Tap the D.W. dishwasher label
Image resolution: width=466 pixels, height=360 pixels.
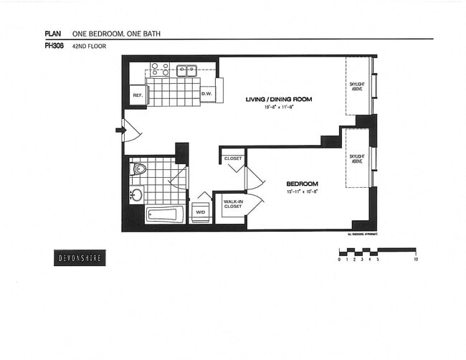pyautogui.click(x=206, y=94)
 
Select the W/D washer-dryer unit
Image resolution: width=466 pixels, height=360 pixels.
pyautogui.click(x=200, y=212)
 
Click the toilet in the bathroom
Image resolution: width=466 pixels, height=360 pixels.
pyautogui.click(x=139, y=170)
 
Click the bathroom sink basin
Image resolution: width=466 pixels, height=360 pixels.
pyautogui.click(x=137, y=194)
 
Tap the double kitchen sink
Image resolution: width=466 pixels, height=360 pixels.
pyautogui.click(x=187, y=70)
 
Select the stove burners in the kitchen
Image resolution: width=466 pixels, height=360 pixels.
pyautogui.click(x=159, y=70)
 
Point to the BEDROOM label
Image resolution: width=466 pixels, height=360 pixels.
pyautogui.click(x=303, y=183)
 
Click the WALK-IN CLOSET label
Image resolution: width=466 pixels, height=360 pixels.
pyautogui.click(x=232, y=205)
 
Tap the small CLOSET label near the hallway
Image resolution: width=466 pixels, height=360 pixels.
pyautogui.click(x=233, y=158)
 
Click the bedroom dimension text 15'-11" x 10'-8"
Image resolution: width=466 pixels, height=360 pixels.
pyautogui.click(x=303, y=192)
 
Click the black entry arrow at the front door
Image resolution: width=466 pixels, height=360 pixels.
pyautogui.click(x=120, y=130)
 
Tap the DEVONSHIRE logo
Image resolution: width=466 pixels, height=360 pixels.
pyautogui.click(x=80, y=257)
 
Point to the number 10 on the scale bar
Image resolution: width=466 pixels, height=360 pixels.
pyautogui.click(x=416, y=260)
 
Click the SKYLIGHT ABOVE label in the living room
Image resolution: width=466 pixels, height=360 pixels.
pyautogui.click(x=356, y=86)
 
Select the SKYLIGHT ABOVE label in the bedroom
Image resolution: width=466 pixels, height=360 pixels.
pyautogui.click(x=356, y=158)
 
